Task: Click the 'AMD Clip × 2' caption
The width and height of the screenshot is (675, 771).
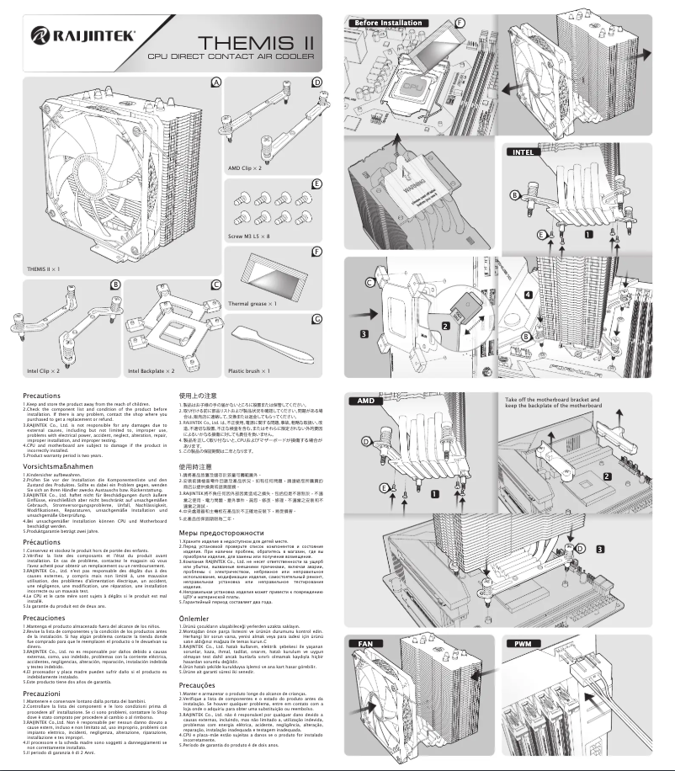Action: tap(245, 169)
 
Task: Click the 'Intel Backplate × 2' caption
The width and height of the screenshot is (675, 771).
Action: tap(151, 370)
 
